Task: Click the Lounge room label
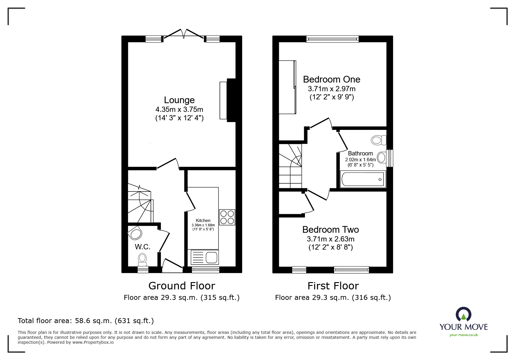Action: [179, 100]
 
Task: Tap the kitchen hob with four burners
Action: [227, 217]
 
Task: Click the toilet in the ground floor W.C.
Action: [142, 259]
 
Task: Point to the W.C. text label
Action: [142, 247]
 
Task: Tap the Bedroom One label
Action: [332, 79]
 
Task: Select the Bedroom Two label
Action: [331, 230]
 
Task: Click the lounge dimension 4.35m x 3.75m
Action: [179, 110]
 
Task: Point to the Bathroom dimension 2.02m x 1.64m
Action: [360, 160]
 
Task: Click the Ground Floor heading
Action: [182, 286]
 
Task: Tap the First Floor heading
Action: [333, 286]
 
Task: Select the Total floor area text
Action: [86, 321]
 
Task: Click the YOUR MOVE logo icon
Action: [463, 314]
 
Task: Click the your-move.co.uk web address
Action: [464, 335]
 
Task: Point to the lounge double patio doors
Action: [183, 34]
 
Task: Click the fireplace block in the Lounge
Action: [231, 100]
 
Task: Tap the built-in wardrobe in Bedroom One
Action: [287, 87]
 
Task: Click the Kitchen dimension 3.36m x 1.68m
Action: [203, 225]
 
